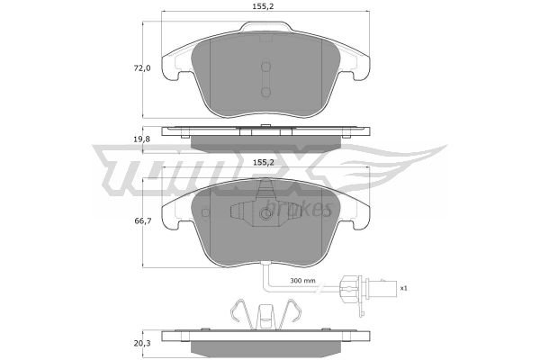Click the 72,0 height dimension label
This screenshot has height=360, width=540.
(142, 68)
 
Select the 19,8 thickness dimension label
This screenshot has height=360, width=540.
(142, 139)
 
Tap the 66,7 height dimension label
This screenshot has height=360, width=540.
(142, 220)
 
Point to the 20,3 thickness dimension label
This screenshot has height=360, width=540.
(142, 343)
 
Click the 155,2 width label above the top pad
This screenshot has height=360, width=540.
(265, 6)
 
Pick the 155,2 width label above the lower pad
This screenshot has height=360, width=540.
(265, 163)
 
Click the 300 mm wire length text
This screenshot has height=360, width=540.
(302, 281)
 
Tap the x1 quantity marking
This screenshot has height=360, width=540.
(403, 288)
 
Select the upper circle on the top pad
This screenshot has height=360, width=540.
(265, 67)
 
